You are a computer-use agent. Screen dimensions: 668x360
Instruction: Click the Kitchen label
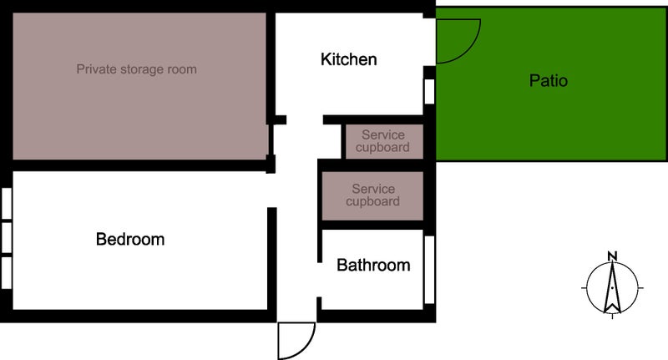click(x=348, y=59)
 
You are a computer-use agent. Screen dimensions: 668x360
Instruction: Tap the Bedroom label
click(x=130, y=239)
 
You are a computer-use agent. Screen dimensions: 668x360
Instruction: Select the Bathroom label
click(x=373, y=265)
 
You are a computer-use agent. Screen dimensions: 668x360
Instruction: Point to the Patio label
click(x=549, y=80)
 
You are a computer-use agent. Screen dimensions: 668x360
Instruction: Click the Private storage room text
click(x=137, y=69)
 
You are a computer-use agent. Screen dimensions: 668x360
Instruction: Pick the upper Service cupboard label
click(x=382, y=141)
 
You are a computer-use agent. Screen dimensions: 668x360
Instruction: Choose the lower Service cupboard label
click(x=372, y=195)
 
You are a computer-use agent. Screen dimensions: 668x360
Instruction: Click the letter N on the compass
click(x=612, y=256)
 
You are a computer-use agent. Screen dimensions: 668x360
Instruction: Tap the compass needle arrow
click(x=612, y=287)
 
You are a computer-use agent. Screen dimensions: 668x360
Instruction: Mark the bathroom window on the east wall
click(x=429, y=270)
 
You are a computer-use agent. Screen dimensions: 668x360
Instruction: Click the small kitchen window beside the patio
click(x=429, y=91)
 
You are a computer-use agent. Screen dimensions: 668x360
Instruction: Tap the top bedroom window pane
click(x=7, y=204)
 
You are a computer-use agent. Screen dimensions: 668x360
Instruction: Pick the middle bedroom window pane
click(x=7, y=237)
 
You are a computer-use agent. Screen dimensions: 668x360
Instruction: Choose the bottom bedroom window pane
click(x=7, y=272)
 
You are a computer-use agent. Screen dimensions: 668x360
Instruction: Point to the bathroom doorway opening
click(x=319, y=280)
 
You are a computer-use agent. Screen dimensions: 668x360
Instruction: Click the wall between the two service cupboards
click(x=372, y=165)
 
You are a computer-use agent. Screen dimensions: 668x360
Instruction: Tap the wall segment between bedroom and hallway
click(x=272, y=259)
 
